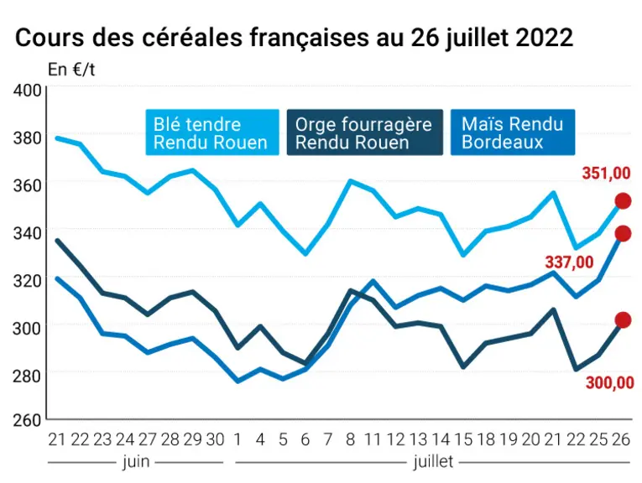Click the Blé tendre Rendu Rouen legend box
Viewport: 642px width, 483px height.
212,132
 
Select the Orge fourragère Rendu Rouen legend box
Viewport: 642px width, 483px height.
365,132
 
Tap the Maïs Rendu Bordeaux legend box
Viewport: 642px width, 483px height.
513,132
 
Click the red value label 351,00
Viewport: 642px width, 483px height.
606,174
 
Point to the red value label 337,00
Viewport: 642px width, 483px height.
569,262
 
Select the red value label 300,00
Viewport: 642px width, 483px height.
609,383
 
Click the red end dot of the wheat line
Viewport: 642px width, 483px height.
624,200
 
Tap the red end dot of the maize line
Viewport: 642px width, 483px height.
624,233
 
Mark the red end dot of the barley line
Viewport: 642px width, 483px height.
624,320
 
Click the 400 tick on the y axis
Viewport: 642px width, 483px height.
28,91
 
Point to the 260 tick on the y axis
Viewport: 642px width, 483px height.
28,420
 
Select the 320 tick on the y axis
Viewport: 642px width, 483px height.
28,281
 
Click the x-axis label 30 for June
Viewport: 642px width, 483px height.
215,439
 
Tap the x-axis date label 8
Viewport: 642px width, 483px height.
350,439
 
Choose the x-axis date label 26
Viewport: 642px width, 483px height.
621,439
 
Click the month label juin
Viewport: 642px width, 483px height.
136,462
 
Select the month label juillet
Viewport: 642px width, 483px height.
433,462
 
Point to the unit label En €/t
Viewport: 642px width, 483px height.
71,70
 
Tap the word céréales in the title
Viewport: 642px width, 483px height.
191,38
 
